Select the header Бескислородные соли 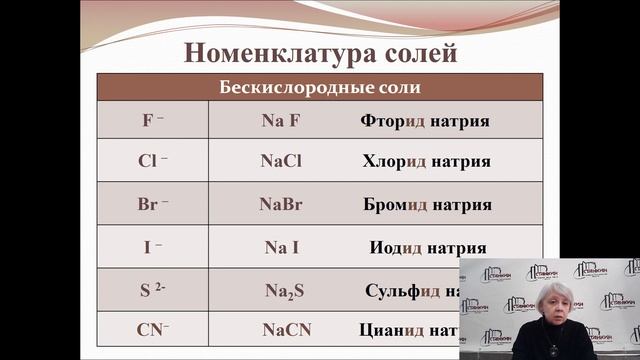point(320,87)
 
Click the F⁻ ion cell point(153,121)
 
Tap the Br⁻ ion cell point(153,204)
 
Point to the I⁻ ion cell point(153,247)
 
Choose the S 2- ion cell point(153,290)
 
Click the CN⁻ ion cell point(153,329)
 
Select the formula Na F point(281,121)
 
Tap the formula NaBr point(281,204)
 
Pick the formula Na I point(281,247)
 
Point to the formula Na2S point(281,291)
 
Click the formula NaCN point(281,329)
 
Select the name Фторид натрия point(425,121)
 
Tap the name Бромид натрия point(427,204)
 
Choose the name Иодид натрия point(425,247)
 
